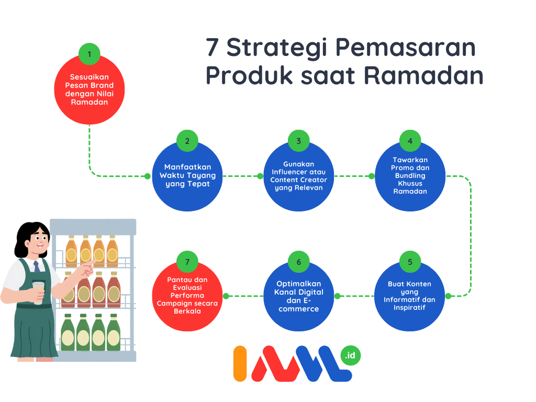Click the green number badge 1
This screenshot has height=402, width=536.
tap(89, 54)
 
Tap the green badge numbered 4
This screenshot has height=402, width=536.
tap(410, 141)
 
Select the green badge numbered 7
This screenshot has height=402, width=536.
tap(187, 262)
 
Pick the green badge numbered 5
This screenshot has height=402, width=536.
tap(410, 262)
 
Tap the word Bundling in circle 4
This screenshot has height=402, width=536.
tap(410, 176)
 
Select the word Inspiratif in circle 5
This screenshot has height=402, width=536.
tap(409, 308)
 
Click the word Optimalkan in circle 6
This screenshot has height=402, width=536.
tap(299, 284)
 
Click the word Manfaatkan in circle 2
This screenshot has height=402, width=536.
tap(188, 167)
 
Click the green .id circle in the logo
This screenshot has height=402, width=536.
tap(350, 355)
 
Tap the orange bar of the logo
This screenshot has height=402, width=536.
tap(240, 363)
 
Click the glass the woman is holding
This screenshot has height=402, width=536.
tap(38, 293)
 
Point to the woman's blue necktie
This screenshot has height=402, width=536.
tap(36, 266)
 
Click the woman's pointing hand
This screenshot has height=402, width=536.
tap(86, 268)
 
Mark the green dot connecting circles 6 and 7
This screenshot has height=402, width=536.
tap(226, 296)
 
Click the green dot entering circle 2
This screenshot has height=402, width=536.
tap(147, 176)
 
